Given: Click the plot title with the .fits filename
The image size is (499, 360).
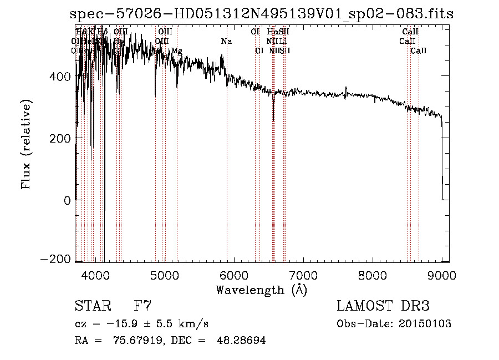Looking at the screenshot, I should coord(262,14).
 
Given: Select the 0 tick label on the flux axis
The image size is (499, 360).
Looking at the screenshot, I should coord(67,200).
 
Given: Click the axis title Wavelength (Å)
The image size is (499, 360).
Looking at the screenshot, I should coord(261,290).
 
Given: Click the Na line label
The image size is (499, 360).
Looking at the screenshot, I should coord(226,42).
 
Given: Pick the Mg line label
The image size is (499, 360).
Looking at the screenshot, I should coord(176,51).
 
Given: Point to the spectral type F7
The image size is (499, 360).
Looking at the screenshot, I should coord(142,306).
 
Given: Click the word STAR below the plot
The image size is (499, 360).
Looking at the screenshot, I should coord(92,306).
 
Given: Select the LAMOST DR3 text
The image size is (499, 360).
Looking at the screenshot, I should coord(383,306).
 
